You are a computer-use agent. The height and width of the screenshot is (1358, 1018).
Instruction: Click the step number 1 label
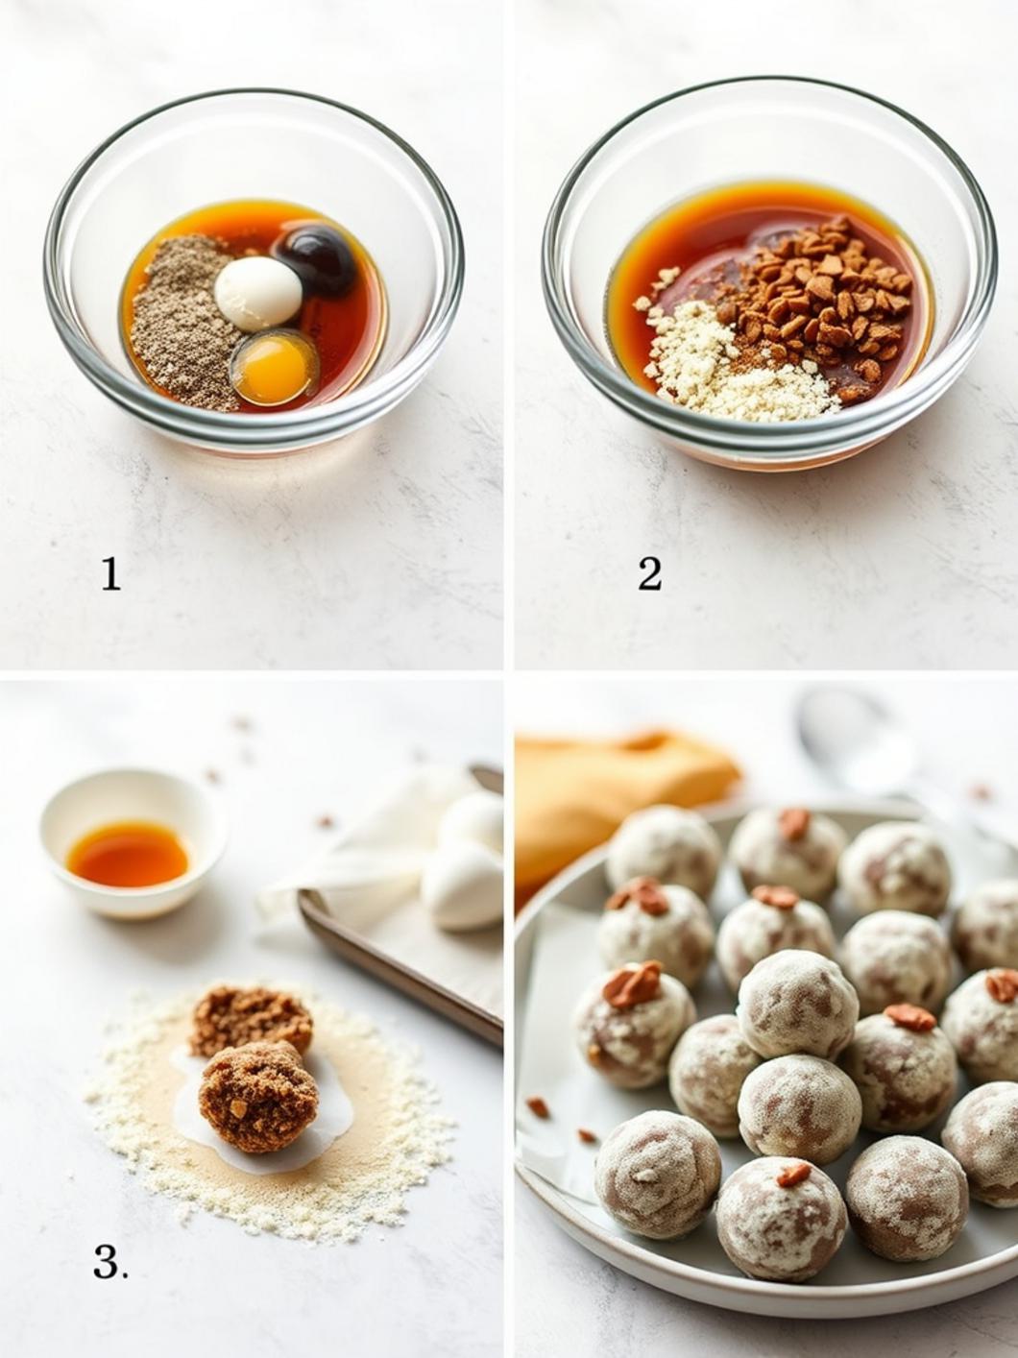click(x=111, y=574)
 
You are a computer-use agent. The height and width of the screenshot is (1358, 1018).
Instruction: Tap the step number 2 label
click(x=649, y=574)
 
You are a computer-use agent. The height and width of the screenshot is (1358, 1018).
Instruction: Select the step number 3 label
click(x=109, y=1262)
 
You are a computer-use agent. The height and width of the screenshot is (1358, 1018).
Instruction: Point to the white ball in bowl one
click(x=257, y=292)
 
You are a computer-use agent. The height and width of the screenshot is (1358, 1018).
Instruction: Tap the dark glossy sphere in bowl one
click(x=318, y=257)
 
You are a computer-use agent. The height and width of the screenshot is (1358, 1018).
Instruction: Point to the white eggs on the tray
click(x=465, y=864)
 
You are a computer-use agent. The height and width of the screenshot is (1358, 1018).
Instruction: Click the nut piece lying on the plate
click(x=538, y=1106)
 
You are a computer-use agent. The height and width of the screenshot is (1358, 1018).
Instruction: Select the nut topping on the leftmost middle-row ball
click(x=633, y=983)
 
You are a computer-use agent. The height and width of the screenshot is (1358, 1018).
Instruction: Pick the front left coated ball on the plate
click(x=657, y=1174)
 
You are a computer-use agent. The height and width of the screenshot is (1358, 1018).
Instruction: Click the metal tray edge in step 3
click(x=403, y=970)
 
